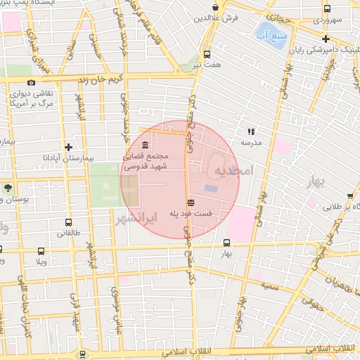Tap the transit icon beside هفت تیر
coord(206,54)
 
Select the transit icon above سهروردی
coord(327,8)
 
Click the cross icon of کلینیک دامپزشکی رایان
coord(326,39)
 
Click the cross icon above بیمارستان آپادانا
coord(68,147)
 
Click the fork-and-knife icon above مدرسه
coord(250,131)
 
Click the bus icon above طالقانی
coord(63,221)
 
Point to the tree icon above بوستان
coord(7,188)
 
